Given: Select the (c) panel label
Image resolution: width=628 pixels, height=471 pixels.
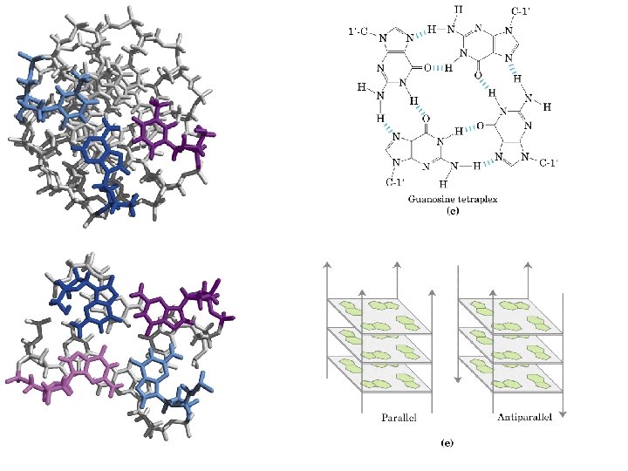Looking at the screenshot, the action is tap(453, 211).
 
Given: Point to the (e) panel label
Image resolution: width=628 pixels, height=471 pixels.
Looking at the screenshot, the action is tap(447, 443).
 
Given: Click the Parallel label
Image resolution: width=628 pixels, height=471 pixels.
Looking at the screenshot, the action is tap(399, 417).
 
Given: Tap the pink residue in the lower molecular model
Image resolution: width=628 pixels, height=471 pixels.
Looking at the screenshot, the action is tap(74, 371).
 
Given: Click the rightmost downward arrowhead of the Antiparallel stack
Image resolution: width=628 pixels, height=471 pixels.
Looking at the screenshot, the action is tap(564, 413).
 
